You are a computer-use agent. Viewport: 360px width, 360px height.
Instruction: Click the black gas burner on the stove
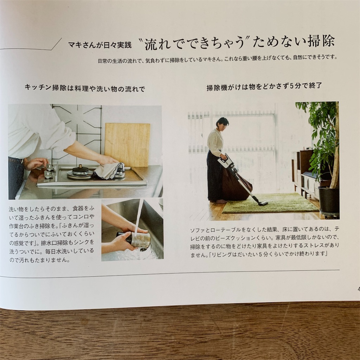(x=81, y=171)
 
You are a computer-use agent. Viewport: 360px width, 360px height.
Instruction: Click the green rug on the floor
(x=271, y=204)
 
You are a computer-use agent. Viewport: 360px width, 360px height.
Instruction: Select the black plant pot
(x=328, y=200)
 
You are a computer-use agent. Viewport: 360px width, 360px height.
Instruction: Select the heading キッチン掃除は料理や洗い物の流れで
(x=85, y=88)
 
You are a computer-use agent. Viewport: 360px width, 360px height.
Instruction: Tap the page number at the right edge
(x=358, y=289)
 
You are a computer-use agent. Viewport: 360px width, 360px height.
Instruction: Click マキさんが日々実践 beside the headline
(x=99, y=45)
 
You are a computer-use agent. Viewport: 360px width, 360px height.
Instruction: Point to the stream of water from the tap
(x=139, y=216)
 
